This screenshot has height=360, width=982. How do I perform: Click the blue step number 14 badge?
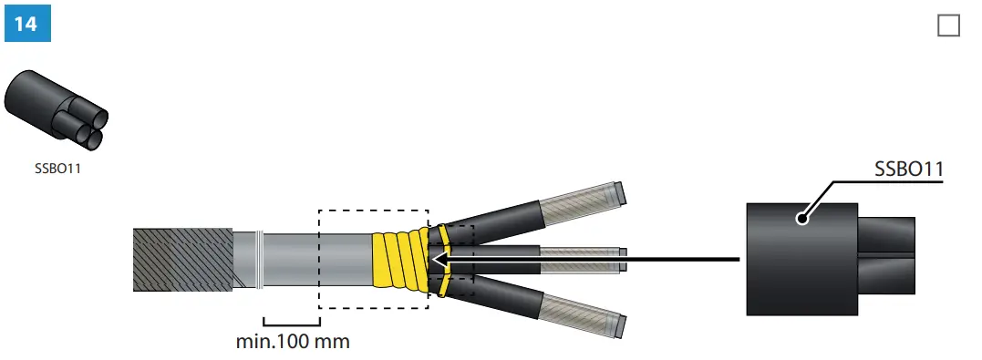click(x=26, y=24)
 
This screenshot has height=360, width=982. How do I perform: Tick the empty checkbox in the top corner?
click(x=948, y=26)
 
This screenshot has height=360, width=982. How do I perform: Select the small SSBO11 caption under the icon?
click(x=56, y=168)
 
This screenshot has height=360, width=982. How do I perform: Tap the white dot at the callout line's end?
click(x=801, y=219)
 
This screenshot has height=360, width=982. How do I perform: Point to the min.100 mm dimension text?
click(x=292, y=343)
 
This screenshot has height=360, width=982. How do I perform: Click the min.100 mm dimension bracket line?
click(x=292, y=322)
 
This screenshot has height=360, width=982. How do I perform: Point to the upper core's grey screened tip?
click(x=584, y=199)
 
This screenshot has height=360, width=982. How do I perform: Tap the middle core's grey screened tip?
click(x=584, y=260)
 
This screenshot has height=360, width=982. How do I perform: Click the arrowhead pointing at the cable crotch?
click(x=439, y=260)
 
